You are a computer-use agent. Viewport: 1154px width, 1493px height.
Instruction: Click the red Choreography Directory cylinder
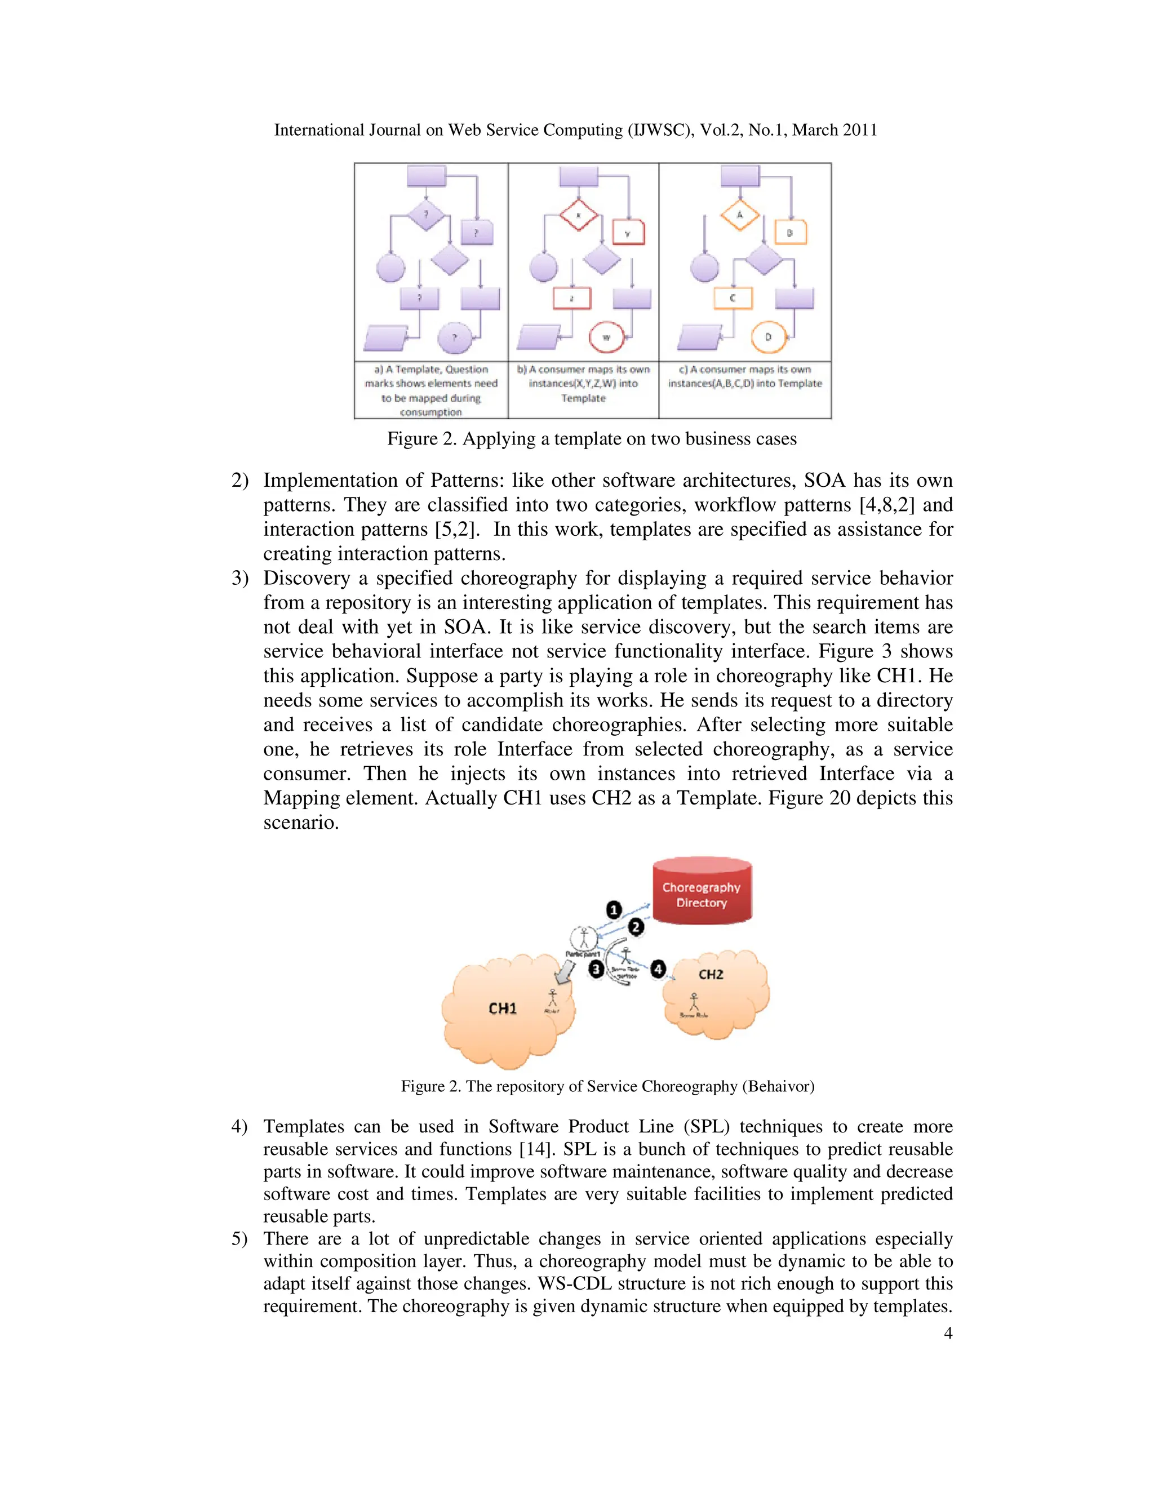tap(702, 892)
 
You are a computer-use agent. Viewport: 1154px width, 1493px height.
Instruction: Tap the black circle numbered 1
tap(614, 910)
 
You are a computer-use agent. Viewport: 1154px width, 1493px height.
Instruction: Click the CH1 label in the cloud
tap(503, 1008)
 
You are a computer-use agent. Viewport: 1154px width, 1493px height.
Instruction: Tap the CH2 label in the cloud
tap(711, 974)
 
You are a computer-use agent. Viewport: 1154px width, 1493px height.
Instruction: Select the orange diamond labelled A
tap(740, 215)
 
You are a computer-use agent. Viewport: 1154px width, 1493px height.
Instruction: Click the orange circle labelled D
tap(769, 337)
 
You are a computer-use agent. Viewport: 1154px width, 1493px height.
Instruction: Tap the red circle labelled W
tap(606, 337)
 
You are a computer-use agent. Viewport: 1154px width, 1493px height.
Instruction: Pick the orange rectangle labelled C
tap(732, 298)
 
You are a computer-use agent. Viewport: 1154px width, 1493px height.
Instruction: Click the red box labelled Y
tap(628, 233)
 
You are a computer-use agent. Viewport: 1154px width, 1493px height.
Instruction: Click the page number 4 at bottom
tap(948, 1333)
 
